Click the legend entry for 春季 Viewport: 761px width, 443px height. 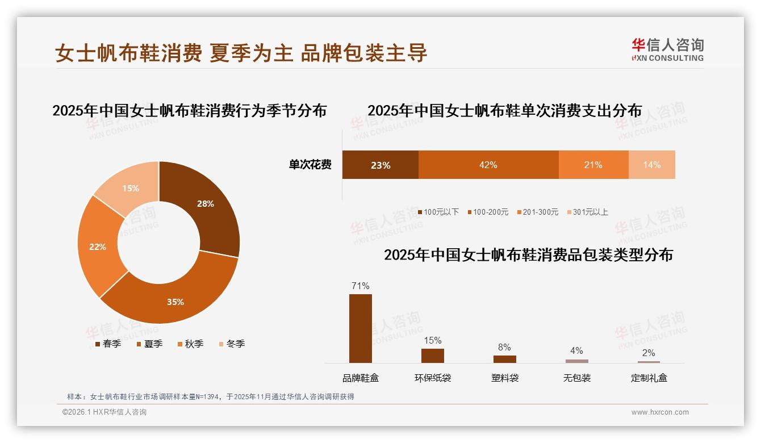(x=108, y=344)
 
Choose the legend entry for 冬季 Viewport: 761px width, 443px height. (x=231, y=344)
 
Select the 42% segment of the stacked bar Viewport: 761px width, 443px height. (x=488, y=165)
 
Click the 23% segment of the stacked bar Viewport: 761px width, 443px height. (x=380, y=165)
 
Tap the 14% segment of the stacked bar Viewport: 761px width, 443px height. (x=652, y=165)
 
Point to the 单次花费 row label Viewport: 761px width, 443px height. (x=310, y=165)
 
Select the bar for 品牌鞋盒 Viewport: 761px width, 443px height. (x=361, y=328)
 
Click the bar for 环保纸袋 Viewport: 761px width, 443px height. (x=433, y=356)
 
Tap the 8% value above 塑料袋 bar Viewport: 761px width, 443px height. (x=504, y=347)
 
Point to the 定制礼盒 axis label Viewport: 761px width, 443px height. (x=649, y=378)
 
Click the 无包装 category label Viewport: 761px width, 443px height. (x=577, y=378)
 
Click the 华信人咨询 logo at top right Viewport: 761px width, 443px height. (x=667, y=49)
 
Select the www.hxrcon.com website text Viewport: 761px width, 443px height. (x=660, y=412)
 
